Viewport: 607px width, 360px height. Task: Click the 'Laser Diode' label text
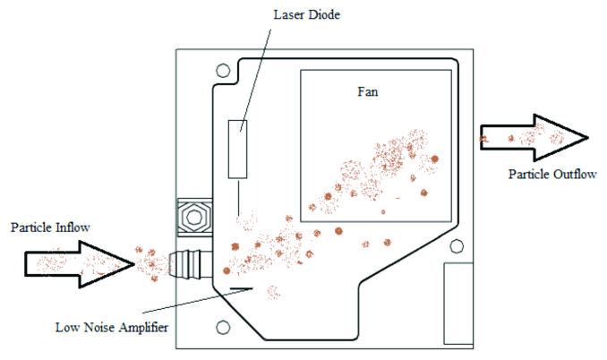[306, 14]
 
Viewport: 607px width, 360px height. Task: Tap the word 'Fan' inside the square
[367, 91]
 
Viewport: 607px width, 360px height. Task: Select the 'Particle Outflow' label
[552, 175]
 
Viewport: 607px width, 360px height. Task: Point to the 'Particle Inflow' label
[50, 227]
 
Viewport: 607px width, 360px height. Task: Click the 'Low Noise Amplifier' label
[112, 328]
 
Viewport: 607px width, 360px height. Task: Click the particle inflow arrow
[80, 264]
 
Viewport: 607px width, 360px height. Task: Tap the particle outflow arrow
[534, 137]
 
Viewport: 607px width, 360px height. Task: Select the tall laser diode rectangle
[237, 149]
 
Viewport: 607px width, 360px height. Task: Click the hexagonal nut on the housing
[194, 218]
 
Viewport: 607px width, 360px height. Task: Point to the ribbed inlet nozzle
[191, 264]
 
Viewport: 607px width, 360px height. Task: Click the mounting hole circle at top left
[223, 71]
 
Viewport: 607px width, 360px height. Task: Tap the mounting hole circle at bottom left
[223, 327]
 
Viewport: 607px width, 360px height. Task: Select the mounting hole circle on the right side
[457, 246]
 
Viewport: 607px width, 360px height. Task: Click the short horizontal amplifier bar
[241, 288]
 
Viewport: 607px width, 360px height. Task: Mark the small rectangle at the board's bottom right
[458, 304]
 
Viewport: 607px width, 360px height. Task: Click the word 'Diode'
[324, 14]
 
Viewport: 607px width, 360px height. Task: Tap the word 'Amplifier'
[143, 328]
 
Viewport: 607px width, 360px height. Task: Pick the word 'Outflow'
[575, 175]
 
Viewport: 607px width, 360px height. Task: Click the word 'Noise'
[99, 328]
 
